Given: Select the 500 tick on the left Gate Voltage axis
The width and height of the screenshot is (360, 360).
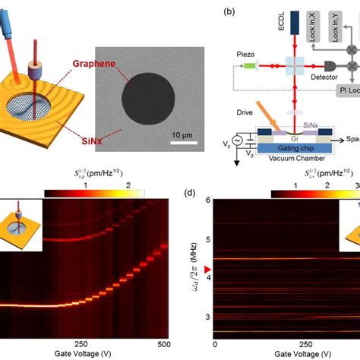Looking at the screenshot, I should click(164, 343).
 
